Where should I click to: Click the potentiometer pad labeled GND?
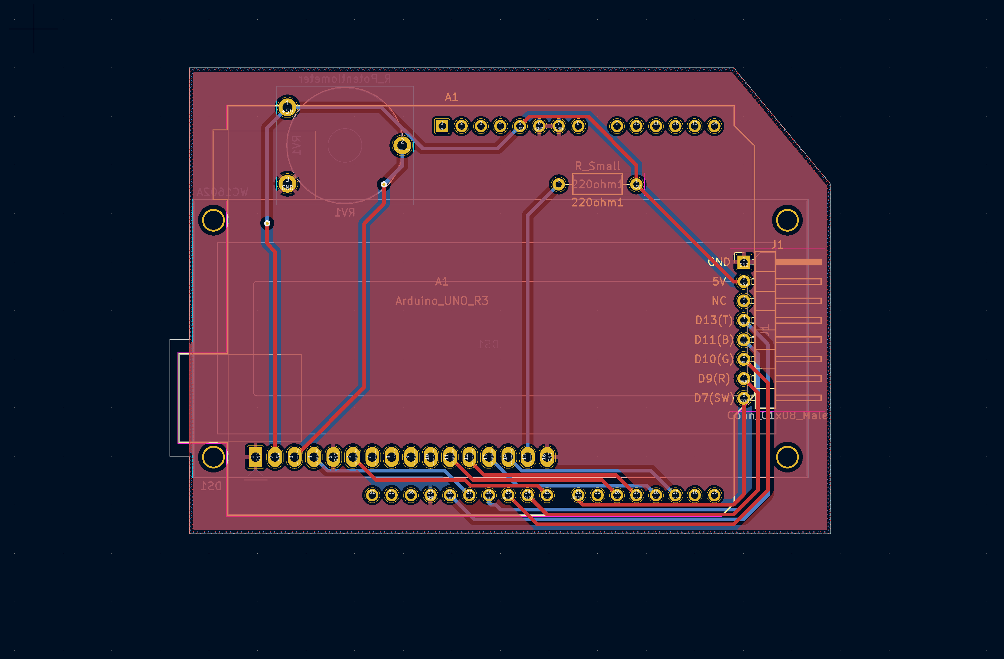point(287,184)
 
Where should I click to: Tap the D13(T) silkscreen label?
point(714,320)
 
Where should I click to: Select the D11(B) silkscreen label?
point(714,340)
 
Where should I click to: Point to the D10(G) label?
point(714,359)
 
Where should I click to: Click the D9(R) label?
point(714,378)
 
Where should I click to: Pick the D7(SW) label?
point(714,398)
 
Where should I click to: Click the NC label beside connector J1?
point(719,301)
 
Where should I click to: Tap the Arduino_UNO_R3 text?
point(442,301)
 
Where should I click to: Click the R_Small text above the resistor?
point(598,166)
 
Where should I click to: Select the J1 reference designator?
point(777,245)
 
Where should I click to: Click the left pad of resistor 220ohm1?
point(559,184)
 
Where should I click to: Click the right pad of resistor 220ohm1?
point(636,184)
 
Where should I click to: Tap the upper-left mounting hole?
point(213,220)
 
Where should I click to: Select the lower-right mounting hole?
point(787,457)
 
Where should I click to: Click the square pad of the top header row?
point(442,126)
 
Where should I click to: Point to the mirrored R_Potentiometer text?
point(345,79)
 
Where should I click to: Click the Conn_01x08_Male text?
point(777,415)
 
